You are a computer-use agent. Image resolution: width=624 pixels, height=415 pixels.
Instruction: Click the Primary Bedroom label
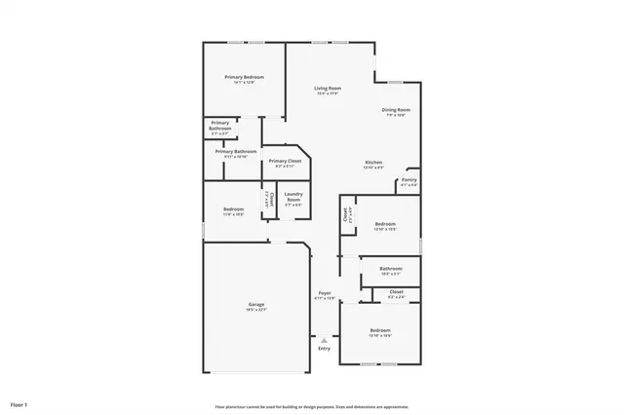244,77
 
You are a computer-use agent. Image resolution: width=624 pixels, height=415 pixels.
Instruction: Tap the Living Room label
327,89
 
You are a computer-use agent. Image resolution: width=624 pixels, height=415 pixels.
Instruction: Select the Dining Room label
395,110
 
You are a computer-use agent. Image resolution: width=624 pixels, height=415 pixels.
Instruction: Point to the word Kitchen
373,162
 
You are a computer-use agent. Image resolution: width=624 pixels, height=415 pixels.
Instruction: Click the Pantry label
409,179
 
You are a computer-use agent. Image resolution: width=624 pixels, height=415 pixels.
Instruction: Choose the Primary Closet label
285,161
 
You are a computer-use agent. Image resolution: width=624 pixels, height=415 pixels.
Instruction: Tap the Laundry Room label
292,197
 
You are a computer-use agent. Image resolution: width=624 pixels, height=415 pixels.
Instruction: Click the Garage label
256,305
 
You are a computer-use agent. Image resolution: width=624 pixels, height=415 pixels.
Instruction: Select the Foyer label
325,293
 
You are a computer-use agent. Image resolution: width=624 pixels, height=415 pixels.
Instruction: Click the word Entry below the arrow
324,348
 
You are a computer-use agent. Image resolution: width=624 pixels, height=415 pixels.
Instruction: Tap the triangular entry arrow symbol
324,339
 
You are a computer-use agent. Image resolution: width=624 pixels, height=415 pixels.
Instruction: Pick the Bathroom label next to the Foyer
390,268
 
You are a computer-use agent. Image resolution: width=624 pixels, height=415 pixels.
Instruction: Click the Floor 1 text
19,403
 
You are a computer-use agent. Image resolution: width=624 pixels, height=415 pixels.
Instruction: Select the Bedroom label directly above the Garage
233,209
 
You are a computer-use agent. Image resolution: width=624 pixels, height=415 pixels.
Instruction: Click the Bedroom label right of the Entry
379,331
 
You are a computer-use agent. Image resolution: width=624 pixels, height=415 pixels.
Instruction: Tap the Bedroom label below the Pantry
385,223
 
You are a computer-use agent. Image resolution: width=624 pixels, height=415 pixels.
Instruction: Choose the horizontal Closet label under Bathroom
396,292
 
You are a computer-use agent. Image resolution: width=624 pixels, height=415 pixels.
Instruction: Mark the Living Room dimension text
327,94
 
